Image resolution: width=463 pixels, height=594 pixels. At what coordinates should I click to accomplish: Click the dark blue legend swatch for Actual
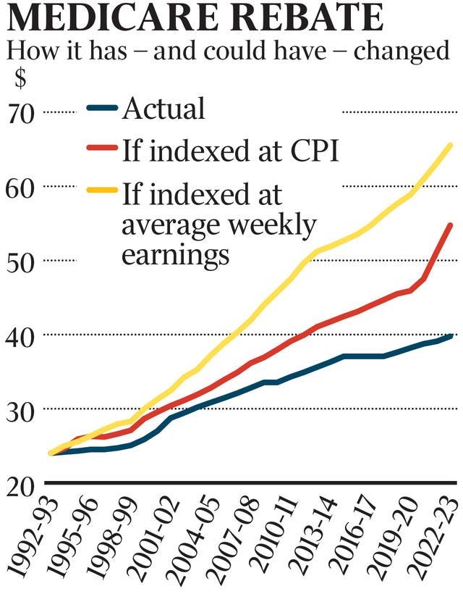click(x=101, y=109)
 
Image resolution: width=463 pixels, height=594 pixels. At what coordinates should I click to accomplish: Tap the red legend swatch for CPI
click(x=101, y=151)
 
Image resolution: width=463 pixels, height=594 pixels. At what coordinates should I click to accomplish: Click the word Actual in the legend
click(x=163, y=109)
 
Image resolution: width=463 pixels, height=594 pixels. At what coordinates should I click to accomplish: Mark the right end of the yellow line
click(x=451, y=145)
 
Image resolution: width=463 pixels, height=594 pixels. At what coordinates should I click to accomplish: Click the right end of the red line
click(x=451, y=225)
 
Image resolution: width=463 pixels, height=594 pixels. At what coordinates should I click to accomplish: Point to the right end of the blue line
click(x=451, y=335)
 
